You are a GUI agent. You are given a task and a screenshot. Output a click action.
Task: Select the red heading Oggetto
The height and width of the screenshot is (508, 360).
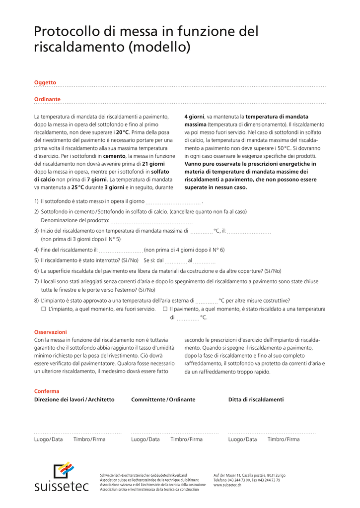tap(45, 82)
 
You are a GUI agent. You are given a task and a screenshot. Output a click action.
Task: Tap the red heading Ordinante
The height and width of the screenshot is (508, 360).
tap(47, 99)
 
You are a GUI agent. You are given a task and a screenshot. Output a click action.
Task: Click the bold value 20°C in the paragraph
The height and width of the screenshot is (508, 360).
tap(123, 132)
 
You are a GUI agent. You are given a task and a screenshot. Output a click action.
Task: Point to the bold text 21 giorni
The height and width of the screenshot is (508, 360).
tap(153, 163)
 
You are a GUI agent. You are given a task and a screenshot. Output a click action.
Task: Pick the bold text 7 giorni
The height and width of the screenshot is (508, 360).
tap(97, 179)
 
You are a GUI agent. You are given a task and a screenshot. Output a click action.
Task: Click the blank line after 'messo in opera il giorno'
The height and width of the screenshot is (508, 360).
tap(174, 202)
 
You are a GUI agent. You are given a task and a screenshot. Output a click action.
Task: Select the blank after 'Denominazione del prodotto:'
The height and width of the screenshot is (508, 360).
tap(151, 221)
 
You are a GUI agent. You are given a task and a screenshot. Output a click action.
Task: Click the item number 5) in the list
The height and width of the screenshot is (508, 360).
tap(37, 260)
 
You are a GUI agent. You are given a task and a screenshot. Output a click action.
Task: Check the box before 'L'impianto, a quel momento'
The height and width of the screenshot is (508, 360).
tap(44, 309)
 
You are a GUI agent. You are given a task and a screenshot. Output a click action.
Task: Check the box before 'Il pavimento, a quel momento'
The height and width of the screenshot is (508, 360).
tap(165, 309)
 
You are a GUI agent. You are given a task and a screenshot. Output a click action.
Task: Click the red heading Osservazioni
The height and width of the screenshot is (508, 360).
tap(50, 332)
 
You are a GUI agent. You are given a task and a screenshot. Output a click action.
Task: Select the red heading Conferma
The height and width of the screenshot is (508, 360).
tap(47, 391)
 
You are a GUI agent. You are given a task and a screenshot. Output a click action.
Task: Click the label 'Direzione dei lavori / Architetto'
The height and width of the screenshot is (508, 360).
tap(74, 399)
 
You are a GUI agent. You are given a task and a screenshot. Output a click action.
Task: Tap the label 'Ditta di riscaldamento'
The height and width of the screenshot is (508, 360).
tap(256, 399)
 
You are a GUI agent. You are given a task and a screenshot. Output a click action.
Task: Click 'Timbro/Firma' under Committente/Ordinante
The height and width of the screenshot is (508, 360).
tap(187, 439)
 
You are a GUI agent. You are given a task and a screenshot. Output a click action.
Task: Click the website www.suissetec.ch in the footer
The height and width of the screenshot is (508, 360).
tap(227, 485)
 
